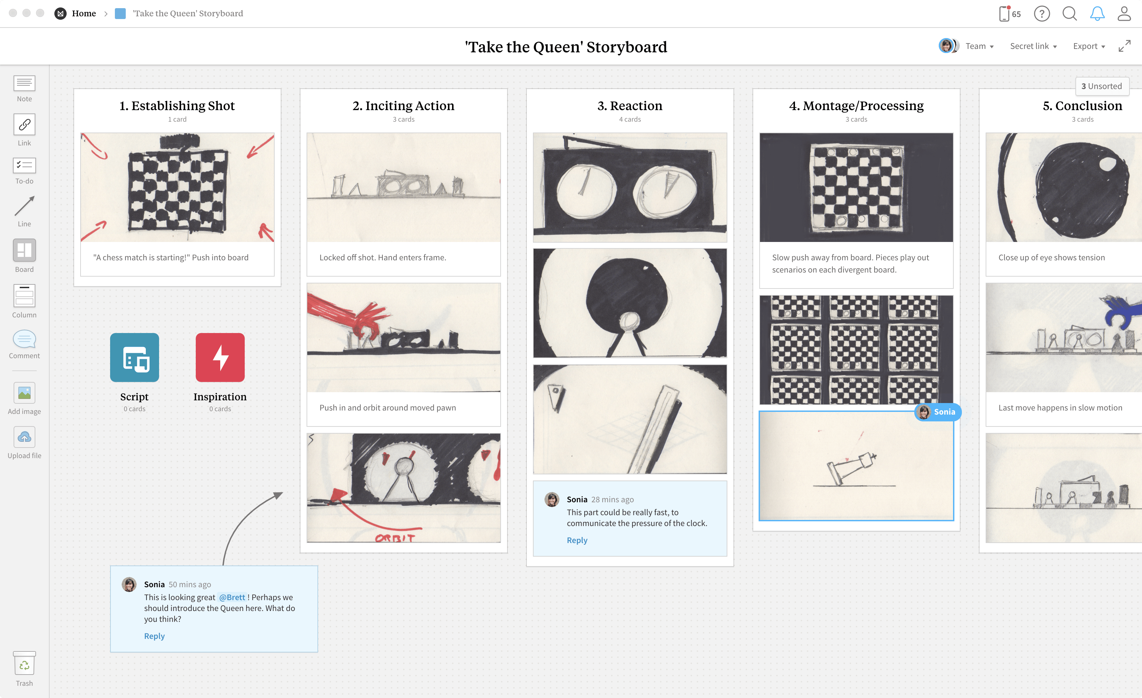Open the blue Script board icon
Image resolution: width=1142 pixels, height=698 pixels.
[134, 357]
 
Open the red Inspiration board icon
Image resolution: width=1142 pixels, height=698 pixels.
[220, 357]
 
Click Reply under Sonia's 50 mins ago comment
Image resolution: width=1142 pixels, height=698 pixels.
[154, 636]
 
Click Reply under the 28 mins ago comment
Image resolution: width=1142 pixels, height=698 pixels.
[577, 540]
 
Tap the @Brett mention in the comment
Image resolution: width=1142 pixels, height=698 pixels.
[232, 597]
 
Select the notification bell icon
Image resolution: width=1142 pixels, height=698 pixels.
[1097, 14]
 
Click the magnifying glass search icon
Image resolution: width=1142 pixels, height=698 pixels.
[1070, 14]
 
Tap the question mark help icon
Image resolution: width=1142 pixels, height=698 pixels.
[1042, 14]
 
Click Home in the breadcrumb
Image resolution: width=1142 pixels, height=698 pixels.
[84, 14]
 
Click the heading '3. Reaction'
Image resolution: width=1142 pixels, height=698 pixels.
[630, 106]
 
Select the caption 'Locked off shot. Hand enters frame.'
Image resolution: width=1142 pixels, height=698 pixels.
[383, 257]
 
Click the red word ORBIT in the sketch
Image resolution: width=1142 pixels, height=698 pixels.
[395, 538]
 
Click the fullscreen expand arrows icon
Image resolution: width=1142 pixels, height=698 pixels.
[1124, 46]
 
